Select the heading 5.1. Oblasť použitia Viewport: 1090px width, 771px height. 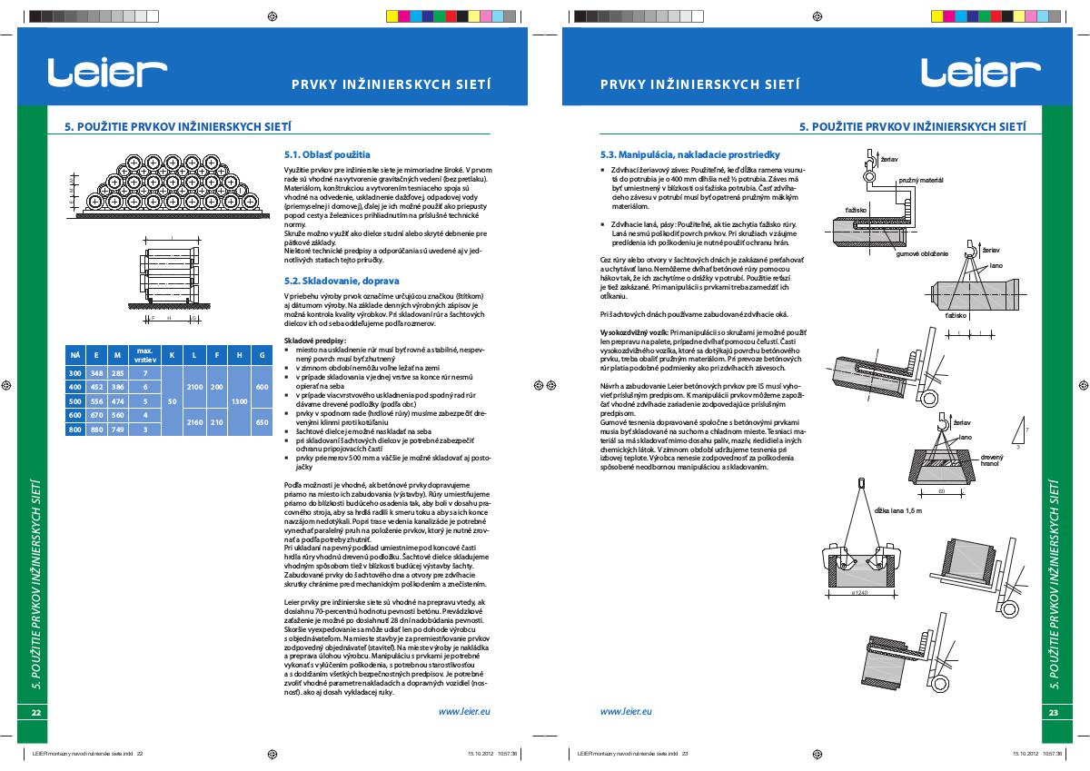(327, 154)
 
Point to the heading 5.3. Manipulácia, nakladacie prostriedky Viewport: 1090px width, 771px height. (692, 154)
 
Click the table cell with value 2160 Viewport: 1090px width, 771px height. (193, 422)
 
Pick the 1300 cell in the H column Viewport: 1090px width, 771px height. (239, 400)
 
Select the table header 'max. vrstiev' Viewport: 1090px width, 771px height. (144, 355)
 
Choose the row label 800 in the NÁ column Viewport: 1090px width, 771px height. (75, 430)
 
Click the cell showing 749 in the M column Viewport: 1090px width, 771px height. (117, 430)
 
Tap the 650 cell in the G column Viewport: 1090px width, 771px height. (262, 422)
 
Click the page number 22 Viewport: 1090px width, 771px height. (36, 713)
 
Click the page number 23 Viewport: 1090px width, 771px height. (1053, 713)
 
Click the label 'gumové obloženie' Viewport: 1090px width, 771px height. (922, 253)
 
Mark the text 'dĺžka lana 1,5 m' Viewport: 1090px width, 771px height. (897, 511)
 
